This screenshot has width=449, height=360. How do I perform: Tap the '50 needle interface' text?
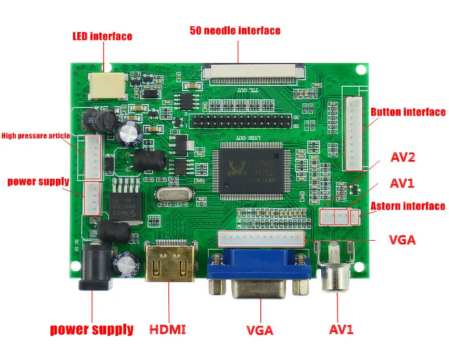[x=235, y=30]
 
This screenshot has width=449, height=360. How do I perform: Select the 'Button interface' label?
[x=407, y=112]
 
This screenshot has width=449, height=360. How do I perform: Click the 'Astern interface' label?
[x=407, y=206]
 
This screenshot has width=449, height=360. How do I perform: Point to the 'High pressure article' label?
[x=36, y=136]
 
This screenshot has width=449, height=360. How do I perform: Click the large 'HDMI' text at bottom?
[x=168, y=330]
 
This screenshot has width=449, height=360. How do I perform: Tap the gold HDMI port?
[x=169, y=263]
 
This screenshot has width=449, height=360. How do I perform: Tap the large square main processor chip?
[x=250, y=170]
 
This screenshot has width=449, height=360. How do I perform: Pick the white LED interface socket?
[x=107, y=86]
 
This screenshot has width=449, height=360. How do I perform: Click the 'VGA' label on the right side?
[x=402, y=240]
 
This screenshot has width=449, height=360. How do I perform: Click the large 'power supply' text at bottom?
[x=91, y=330]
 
